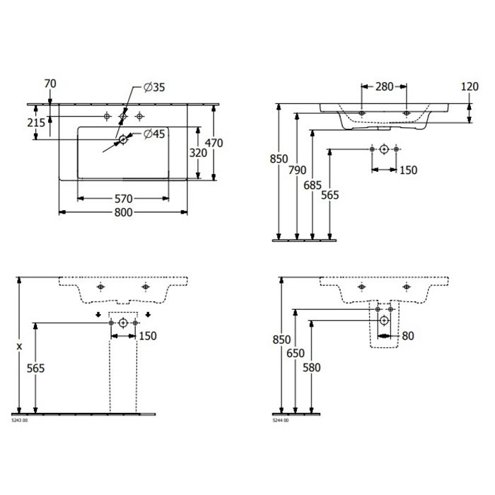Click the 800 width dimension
click(x=123, y=212)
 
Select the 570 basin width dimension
click(x=123, y=199)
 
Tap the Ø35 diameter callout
click(x=154, y=87)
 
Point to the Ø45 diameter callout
click(x=154, y=134)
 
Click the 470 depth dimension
click(x=214, y=143)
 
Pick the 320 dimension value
click(x=198, y=153)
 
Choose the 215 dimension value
click(x=36, y=122)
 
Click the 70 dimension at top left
click(x=50, y=83)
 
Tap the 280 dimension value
click(x=384, y=86)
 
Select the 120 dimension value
click(x=470, y=86)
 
